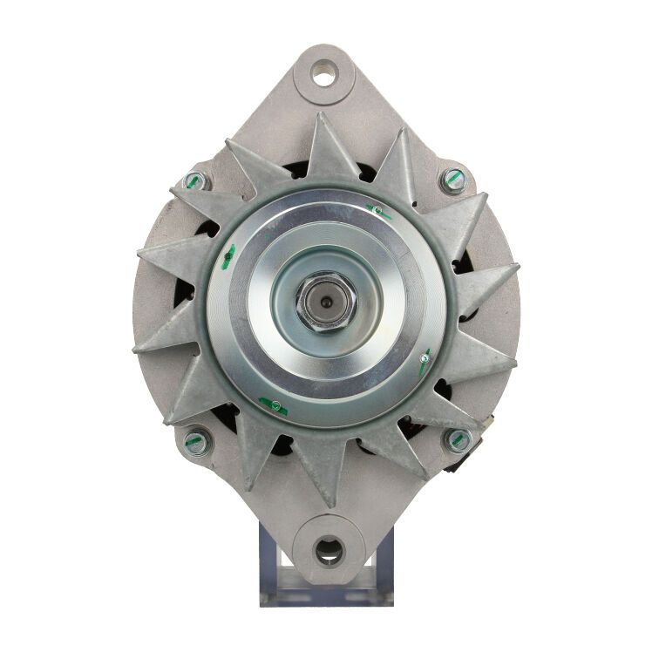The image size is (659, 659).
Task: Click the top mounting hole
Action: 324,76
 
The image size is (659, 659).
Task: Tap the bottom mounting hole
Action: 329,549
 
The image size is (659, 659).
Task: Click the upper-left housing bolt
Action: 195,181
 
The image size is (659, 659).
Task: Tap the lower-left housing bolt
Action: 196,441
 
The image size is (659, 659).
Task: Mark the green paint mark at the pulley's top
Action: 377,210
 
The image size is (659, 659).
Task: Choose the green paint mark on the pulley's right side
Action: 424,360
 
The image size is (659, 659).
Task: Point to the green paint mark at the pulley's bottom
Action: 273,404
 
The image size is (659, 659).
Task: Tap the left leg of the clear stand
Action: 271,567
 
